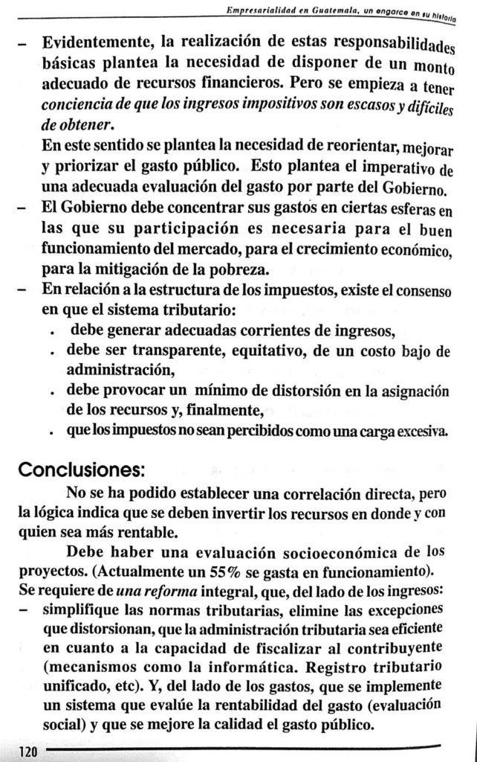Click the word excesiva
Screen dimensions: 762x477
[x=421, y=432]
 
